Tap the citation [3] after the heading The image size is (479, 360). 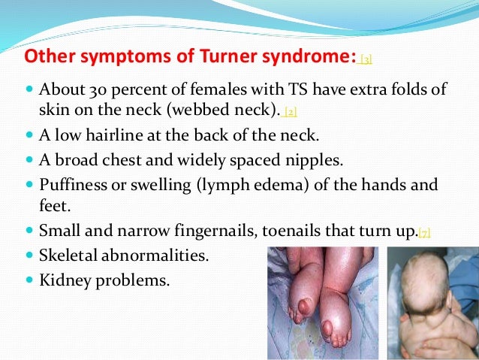pos(366,59)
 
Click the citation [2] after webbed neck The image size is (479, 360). pos(290,111)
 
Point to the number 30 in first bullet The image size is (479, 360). pos(92,90)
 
